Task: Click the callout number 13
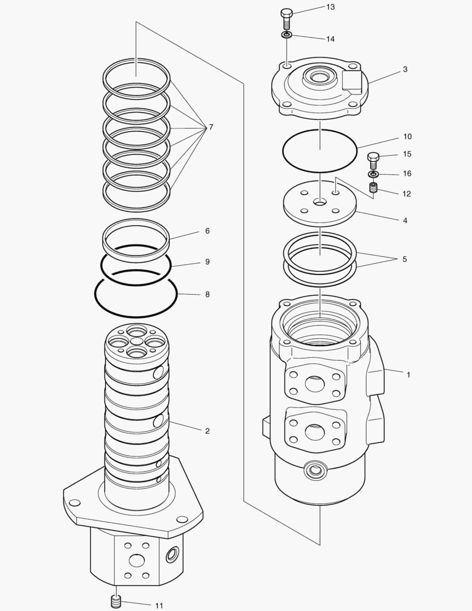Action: pos(330,7)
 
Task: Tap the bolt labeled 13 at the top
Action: pos(287,18)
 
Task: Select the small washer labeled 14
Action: pos(287,36)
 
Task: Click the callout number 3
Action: pos(405,70)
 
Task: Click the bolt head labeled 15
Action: pos(374,157)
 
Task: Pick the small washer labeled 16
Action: pos(374,174)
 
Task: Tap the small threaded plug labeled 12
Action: pos(374,188)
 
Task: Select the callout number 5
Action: pos(404,259)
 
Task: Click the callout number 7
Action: pos(211,127)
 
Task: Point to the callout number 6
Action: pos(207,231)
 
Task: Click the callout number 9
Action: pos(207,262)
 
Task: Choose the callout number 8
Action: pos(207,295)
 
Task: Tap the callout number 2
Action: pos(207,431)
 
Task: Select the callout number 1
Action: pos(408,375)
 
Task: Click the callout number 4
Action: pos(405,220)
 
